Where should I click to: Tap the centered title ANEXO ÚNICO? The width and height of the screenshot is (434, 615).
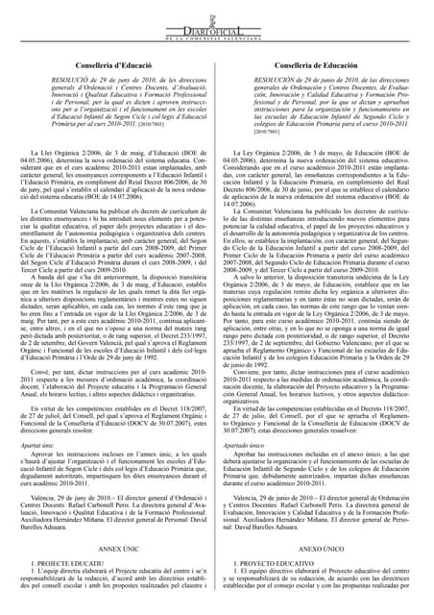coord(324,546)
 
